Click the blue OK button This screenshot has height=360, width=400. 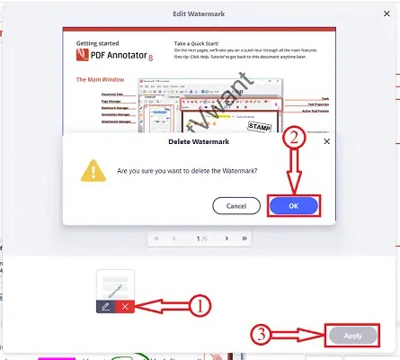pos(294,205)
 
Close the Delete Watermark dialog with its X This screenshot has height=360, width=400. pos(326,141)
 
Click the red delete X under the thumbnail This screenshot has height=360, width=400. pos(125,306)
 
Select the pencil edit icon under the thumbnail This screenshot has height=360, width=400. pos(105,306)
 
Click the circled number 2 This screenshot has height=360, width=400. pos(293,139)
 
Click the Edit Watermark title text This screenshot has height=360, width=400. pos(200,15)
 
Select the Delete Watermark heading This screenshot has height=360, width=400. pos(199,141)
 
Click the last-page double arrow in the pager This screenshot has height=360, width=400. pos(244,238)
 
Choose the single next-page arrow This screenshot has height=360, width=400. pos(226,238)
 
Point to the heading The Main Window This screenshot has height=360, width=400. pos(101,79)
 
